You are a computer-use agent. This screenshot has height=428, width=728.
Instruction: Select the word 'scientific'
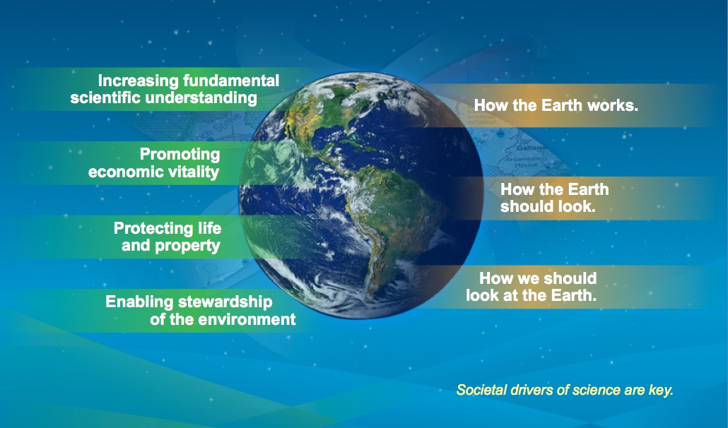105,98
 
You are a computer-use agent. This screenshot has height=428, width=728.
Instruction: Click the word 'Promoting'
180,155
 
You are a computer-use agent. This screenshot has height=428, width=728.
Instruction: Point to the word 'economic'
122,172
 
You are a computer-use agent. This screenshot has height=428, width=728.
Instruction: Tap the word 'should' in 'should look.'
524,206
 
